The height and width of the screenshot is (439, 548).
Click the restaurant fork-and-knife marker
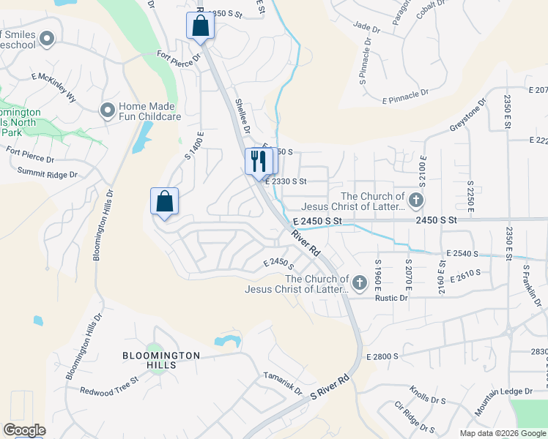(257, 161)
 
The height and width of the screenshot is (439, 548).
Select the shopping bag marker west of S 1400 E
(165, 201)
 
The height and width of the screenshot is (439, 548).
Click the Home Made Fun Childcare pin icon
(108, 110)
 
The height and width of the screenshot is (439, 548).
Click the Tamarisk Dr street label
(283, 381)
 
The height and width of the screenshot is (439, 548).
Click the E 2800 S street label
(382, 356)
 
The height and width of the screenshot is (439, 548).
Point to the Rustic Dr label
(390, 298)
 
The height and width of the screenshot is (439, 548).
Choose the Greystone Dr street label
(468, 116)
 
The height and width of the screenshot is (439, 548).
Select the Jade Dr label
(366, 28)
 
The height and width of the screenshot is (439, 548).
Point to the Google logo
(24, 430)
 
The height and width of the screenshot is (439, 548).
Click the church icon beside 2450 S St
(416, 200)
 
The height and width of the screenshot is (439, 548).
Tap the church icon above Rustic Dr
(359, 282)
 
